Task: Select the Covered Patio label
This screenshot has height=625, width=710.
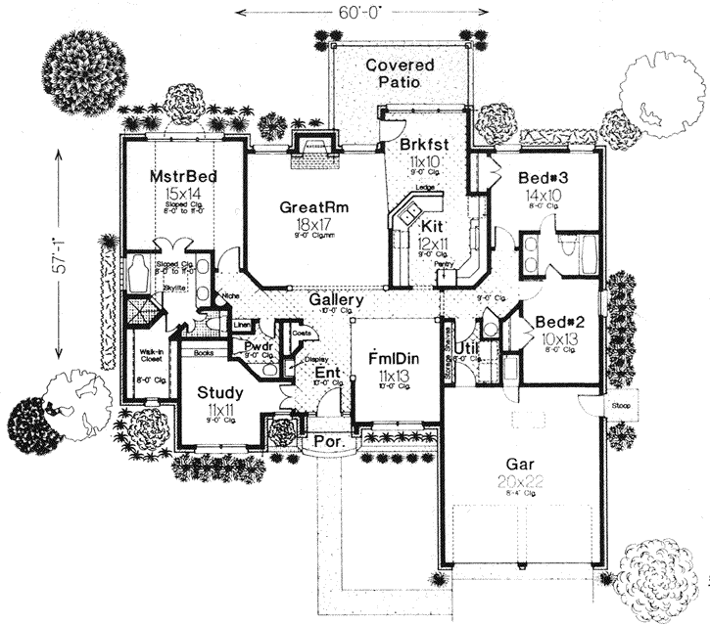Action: pos(400,74)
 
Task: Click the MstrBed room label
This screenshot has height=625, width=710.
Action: pos(183,177)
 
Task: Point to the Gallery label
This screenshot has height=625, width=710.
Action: pos(337,300)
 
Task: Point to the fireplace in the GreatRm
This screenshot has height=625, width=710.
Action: pos(315,150)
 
